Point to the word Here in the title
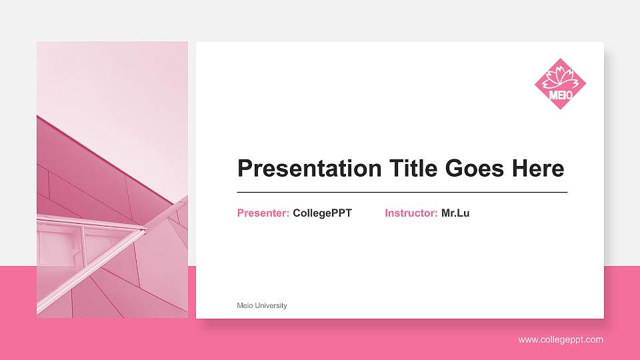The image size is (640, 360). pyautogui.click(x=537, y=169)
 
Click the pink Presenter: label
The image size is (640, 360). pyautogui.click(x=263, y=213)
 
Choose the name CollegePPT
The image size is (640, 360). pyautogui.click(x=322, y=213)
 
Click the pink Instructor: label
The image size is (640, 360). pyautogui.click(x=411, y=213)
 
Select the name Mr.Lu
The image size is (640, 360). pyautogui.click(x=455, y=213)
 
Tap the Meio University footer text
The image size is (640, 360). pyautogui.click(x=262, y=305)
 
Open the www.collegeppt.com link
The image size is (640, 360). pyautogui.click(x=561, y=339)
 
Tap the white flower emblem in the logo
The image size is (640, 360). pyautogui.click(x=560, y=76)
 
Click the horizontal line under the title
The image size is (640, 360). pyautogui.click(x=402, y=192)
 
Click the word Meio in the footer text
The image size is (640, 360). pyautogui.click(x=244, y=305)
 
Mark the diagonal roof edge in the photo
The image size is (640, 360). pyautogui.click(x=107, y=157)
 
